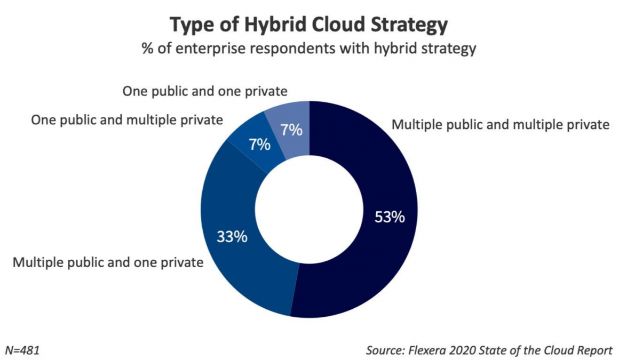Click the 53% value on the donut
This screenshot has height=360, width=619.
click(x=389, y=218)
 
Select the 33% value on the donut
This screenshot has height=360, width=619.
click(x=232, y=236)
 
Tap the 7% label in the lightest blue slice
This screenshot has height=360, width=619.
click(x=292, y=130)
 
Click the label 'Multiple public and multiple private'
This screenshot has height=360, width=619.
click(x=500, y=125)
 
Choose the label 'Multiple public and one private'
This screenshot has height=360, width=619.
click(x=108, y=262)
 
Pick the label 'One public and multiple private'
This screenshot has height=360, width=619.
click(x=127, y=120)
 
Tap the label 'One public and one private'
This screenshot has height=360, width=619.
click(x=205, y=91)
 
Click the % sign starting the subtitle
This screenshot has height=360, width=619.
click(x=147, y=49)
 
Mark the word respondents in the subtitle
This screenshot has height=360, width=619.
click(x=292, y=50)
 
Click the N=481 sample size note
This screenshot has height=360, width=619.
click(x=22, y=350)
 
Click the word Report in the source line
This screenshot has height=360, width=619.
click(x=595, y=350)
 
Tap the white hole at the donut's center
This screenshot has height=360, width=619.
click(x=309, y=209)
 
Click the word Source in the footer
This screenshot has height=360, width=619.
click(x=385, y=350)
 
